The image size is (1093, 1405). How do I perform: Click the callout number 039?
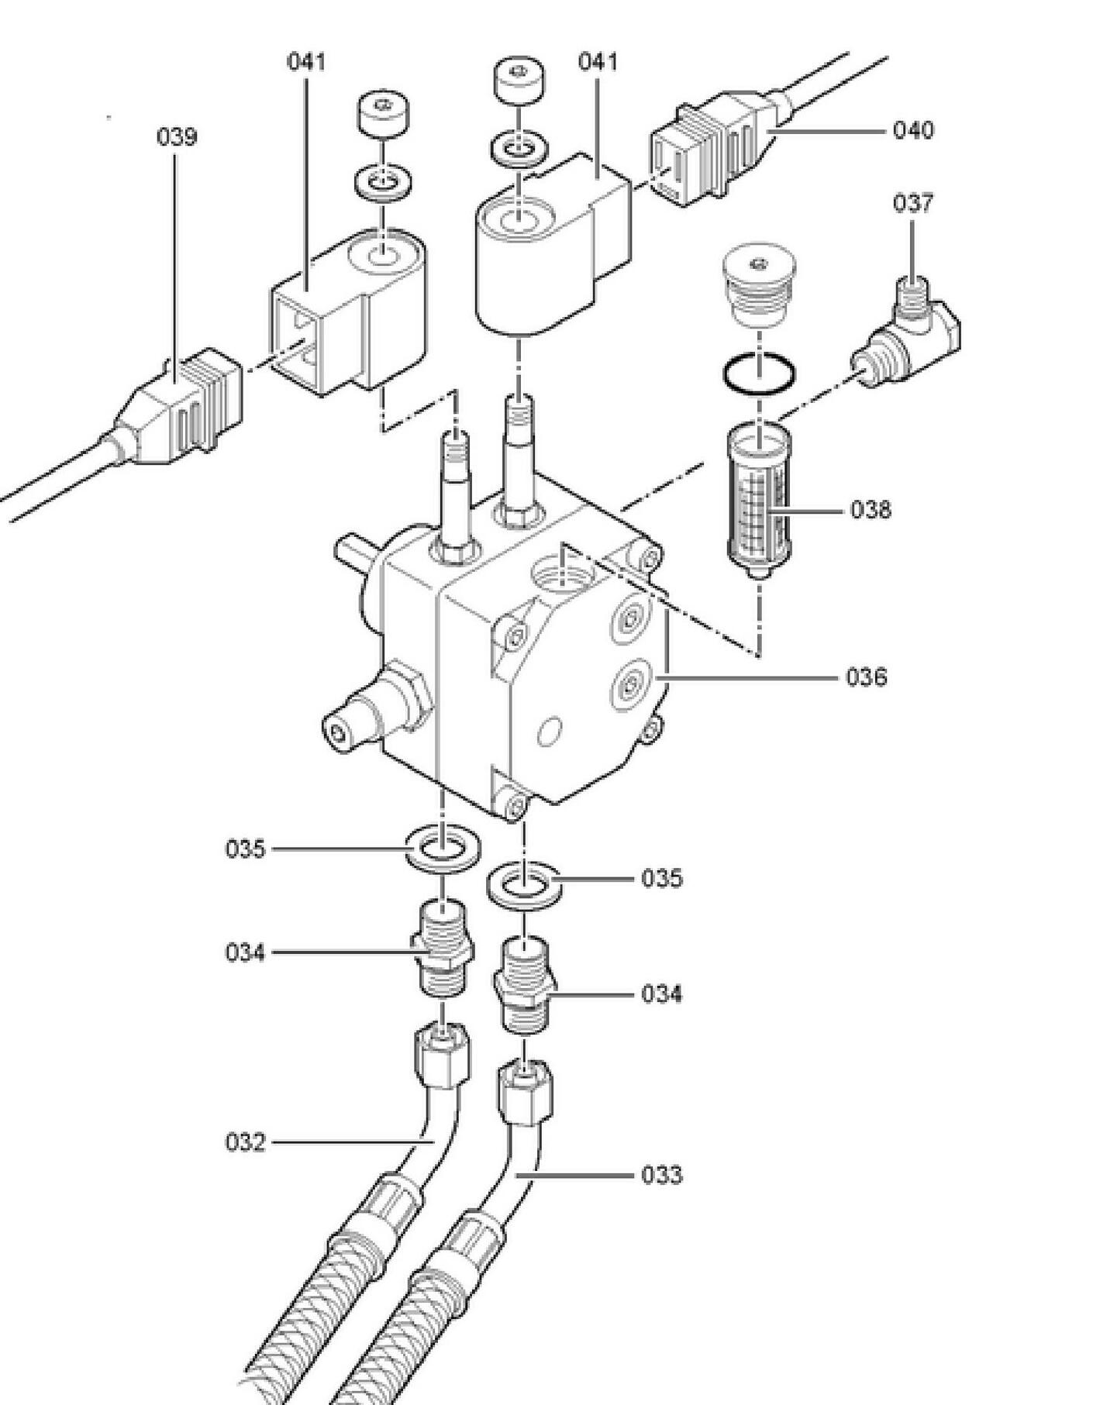click(x=177, y=136)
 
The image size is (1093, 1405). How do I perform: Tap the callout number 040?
click(x=913, y=129)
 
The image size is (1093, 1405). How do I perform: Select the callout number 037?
click(x=913, y=203)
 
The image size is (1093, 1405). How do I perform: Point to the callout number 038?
click(x=871, y=510)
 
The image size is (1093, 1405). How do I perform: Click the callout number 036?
click(x=866, y=677)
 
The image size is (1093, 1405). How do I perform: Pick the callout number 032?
click(x=245, y=1142)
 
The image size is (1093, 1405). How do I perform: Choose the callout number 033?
click(x=662, y=1176)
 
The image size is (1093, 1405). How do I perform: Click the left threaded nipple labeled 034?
click(x=441, y=948)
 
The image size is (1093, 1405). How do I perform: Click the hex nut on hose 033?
click(x=524, y=1093)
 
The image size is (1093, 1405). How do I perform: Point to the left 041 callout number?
click(x=307, y=61)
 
